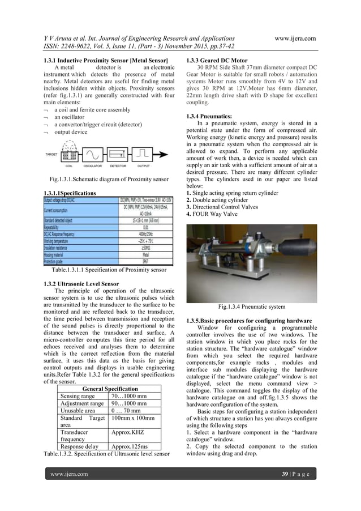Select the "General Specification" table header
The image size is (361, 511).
(111, 389)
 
